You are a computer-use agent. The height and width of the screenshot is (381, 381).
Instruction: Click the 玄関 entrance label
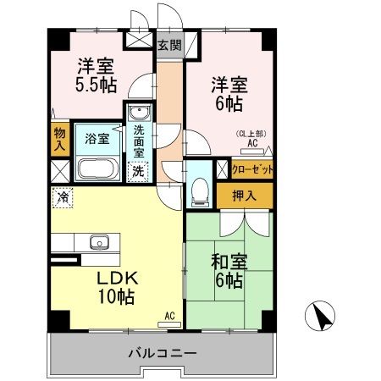tap(168, 46)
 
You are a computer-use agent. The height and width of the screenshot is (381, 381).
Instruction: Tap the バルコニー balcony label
tap(163, 351)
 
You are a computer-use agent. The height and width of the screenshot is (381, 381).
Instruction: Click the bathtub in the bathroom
tap(100, 168)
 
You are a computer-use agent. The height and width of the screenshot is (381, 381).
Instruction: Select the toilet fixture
tap(201, 190)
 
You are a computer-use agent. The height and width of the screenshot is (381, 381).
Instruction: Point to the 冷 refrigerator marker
tap(62, 196)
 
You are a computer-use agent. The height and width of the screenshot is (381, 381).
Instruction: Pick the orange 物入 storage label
tap(59, 138)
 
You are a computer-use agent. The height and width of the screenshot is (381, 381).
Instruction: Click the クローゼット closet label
tap(253, 169)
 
